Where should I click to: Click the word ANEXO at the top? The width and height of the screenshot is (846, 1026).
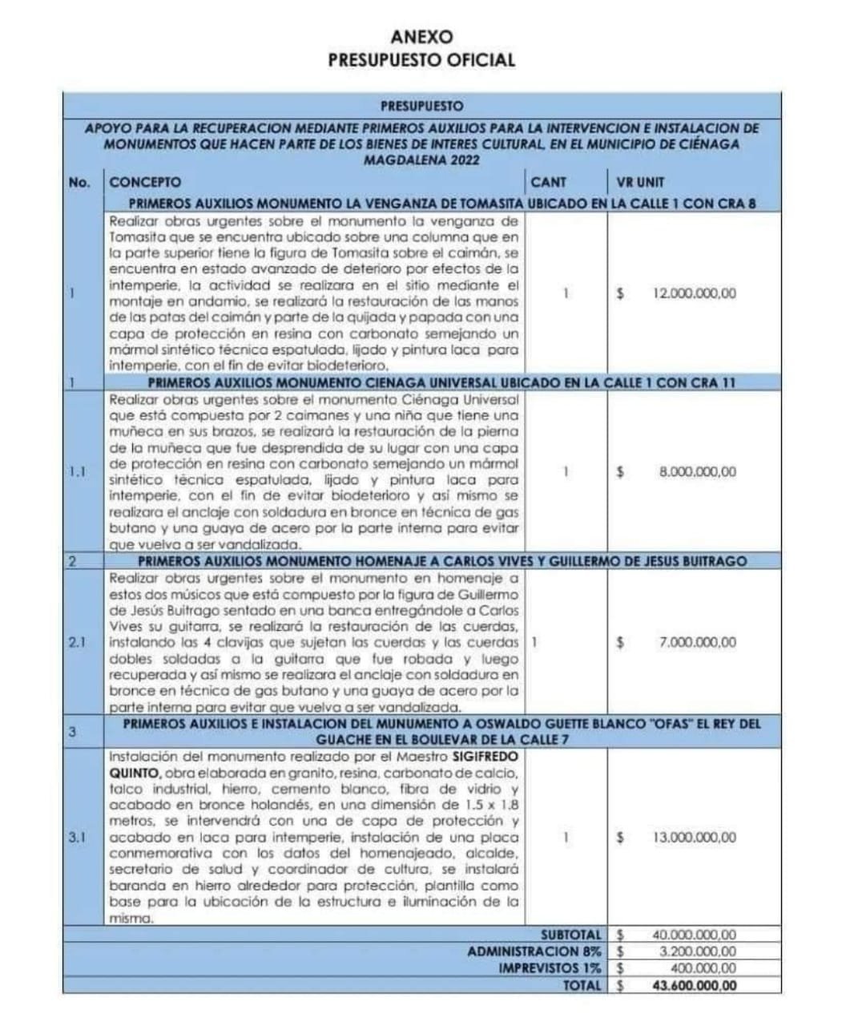[x=421, y=37]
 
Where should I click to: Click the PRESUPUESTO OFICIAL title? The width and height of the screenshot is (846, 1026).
[x=421, y=60]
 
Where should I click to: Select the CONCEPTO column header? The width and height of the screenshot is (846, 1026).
[x=145, y=182]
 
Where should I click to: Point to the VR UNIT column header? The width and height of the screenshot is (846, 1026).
[x=641, y=182]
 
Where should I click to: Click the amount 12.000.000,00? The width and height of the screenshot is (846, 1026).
[x=694, y=293]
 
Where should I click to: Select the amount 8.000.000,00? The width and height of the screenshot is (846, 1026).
[x=697, y=472]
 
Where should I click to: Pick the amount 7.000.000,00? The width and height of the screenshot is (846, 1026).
[x=697, y=642]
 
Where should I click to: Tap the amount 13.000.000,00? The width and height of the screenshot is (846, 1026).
[x=694, y=838]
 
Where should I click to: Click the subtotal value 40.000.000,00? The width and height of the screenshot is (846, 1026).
[x=694, y=935]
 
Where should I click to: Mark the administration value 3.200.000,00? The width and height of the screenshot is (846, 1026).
[x=697, y=951]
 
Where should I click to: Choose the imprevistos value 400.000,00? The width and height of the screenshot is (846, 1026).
[x=703, y=968]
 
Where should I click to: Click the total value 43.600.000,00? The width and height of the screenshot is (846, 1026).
[x=694, y=986]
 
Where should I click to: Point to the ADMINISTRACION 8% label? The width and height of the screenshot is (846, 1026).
[x=534, y=951]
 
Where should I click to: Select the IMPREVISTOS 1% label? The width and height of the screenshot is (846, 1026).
[x=550, y=968]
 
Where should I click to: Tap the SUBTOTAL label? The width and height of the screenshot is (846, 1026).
[x=570, y=935]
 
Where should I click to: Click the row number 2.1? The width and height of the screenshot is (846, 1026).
[x=78, y=642]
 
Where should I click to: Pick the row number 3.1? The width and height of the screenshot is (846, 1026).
[x=78, y=838]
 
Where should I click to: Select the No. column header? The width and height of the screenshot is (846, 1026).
[x=79, y=182]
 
